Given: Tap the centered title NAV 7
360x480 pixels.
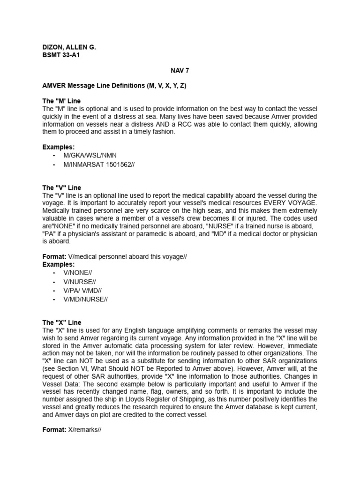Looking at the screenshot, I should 180,71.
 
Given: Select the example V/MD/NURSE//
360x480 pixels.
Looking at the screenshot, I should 86,299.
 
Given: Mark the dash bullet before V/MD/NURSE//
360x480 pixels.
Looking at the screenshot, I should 55,299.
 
